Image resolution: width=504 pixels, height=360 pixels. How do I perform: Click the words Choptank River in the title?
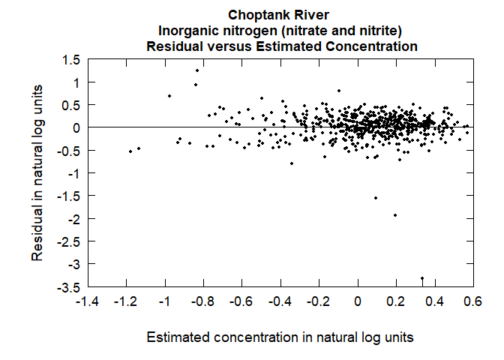pyautogui.click(x=279, y=14)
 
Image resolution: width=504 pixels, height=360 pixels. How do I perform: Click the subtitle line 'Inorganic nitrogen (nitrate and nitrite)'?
pyautogui.click(x=279, y=30)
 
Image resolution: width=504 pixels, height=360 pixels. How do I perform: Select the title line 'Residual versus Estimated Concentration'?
pyautogui.click(x=279, y=46)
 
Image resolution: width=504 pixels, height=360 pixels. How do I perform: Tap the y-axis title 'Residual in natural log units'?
pyautogui.click(x=37, y=172)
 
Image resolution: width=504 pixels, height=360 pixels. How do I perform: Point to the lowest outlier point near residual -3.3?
pyautogui.click(x=422, y=278)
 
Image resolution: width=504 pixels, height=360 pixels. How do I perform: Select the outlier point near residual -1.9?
pyautogui.click(x=395, y=215)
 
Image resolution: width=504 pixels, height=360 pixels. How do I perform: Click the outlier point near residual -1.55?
pyautogui.click(x=375, y=198)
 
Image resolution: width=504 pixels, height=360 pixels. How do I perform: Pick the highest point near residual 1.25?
pyautogui.click(x=197, y=70)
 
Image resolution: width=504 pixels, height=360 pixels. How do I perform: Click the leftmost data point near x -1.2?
pyautogui.click(x=130, y=151)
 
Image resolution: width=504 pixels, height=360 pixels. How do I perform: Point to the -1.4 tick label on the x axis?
pyautogui.click(x=88, y=301)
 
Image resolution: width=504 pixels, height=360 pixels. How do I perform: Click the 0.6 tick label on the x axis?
pyautogui.click(x=472, y=301)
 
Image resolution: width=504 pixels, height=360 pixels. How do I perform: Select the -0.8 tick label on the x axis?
pyautogui.click(x=204, y=301)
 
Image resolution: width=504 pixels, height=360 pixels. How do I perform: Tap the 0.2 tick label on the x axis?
pyautogui.click(x=396, y=301)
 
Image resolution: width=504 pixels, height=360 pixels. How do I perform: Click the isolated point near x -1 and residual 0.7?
pyautogui.click(x=169, y=96)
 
